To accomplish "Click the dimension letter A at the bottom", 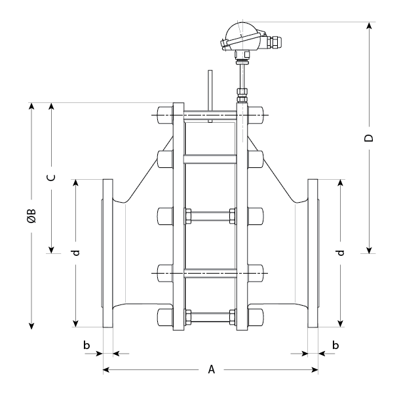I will [x=211, y=369].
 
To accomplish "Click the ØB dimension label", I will [x=31, y=217].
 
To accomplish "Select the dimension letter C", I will [x=51, y=177].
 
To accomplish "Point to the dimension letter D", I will [x=370, y=138].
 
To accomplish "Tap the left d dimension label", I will [x=76, y=252].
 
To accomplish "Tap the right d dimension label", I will [x=339, y=252].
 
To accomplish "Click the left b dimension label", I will [x=86, y=345].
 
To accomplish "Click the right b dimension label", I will [x=335, y=345].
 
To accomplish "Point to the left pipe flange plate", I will [x=107, y=253].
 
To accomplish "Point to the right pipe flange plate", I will [x=313, y=253].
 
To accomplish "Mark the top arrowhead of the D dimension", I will [x=370, y=26].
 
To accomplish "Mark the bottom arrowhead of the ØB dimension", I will [x=31, y=326].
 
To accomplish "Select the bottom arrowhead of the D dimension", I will [x=370, y=249].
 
